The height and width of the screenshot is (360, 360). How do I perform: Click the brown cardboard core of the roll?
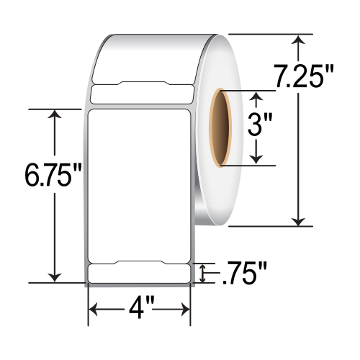click(219, 128)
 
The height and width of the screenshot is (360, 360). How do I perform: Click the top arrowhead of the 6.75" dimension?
click(55, 114)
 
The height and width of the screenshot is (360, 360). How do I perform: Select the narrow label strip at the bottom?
click(138, 274)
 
